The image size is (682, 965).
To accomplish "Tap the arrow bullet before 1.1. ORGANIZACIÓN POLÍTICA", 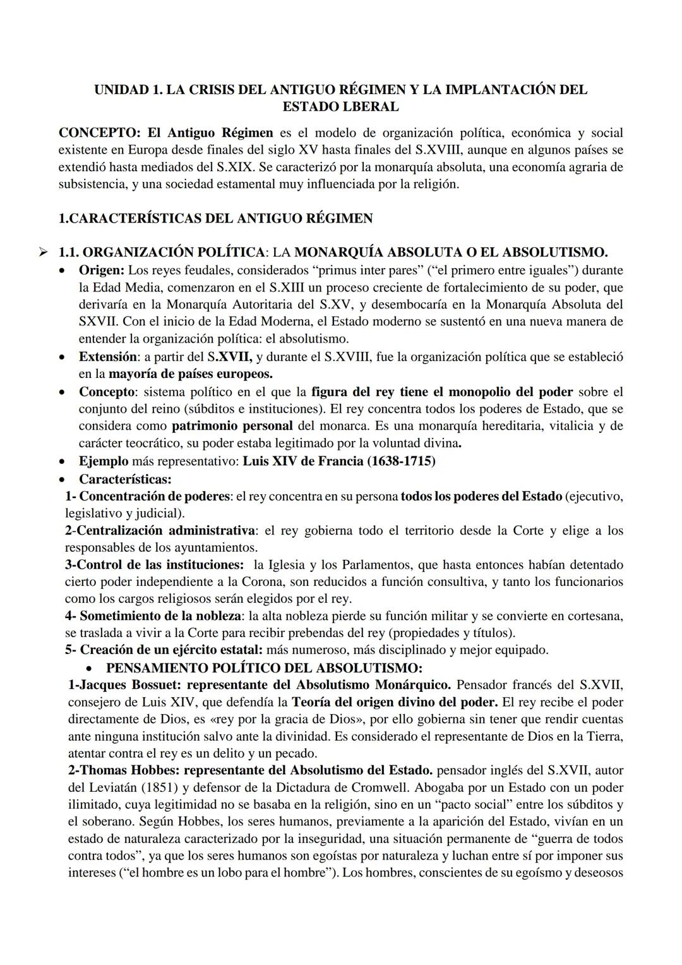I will pos(42,253).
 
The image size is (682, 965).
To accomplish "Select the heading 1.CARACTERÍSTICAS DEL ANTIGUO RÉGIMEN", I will pos(215,219).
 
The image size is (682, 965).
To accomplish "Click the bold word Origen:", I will pos(101,270).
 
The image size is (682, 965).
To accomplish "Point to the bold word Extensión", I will pos(107,357).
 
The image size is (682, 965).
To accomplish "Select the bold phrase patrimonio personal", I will pos(232,426).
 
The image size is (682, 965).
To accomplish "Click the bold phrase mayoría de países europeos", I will pos(191,374).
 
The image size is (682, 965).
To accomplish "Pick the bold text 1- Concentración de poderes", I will pos(147,497).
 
